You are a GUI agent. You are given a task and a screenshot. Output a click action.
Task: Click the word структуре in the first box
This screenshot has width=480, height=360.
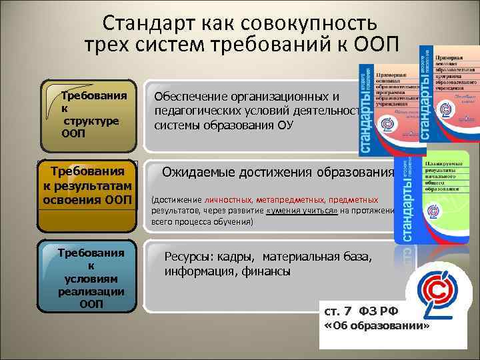(91, 120)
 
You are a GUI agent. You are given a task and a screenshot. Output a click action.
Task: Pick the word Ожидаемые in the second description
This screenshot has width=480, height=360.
(196, 173)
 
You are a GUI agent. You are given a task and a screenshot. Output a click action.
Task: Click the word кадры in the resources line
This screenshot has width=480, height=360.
(239, 257)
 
